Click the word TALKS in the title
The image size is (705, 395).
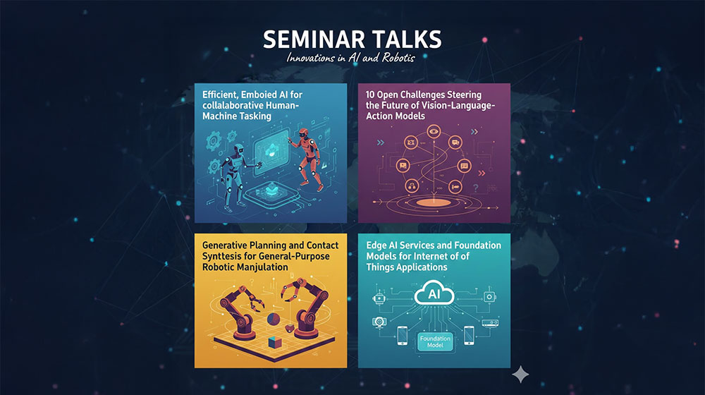click(403, 39)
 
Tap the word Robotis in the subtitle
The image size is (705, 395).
click(398, 58)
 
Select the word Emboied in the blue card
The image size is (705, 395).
click(259, 95)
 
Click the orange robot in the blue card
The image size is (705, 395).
click(308, 157)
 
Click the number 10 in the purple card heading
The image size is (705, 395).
click(369, 95)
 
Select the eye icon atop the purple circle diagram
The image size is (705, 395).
click(434, 132)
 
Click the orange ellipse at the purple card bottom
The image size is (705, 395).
click(434, 203)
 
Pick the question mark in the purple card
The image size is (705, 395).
click(476, 188)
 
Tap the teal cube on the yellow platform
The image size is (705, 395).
click(275, 342)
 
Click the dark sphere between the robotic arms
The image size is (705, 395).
click(274, 320)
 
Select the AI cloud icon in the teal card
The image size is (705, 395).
click(434, 293)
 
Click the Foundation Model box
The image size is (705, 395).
click(435, 341)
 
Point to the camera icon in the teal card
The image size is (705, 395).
click(379, 321)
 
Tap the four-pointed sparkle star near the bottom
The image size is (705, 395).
click(520, 375)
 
